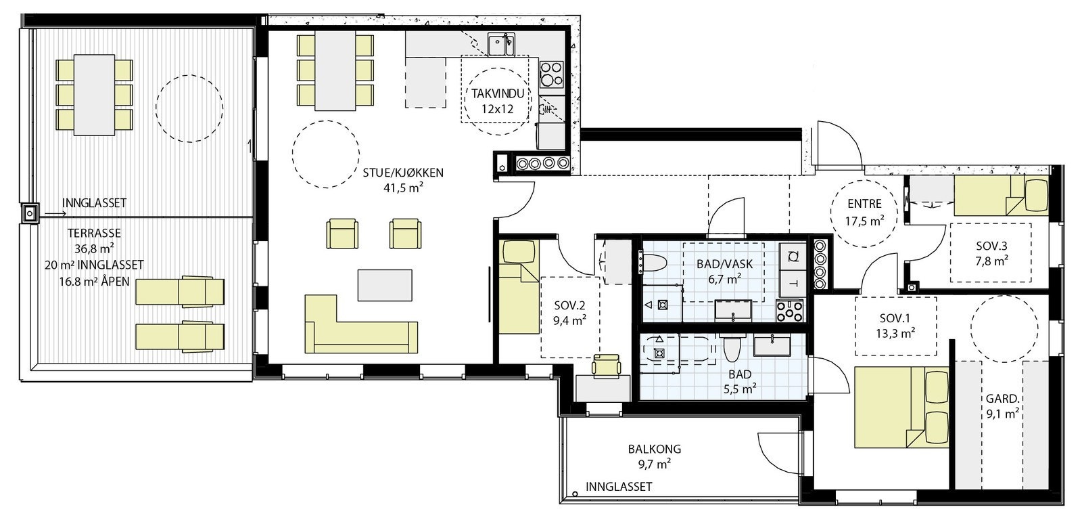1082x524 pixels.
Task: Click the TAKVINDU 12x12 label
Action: pyautogui.click(x=498, y=101)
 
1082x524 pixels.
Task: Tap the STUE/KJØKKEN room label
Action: pyautogui.click(x=403, y=173)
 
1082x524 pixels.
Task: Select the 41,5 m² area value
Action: pyautogui.click(x=403, y=188)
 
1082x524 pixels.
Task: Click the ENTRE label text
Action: pyautogui.click(x=864, y=204)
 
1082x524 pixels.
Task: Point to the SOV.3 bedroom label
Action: pyautogui.click(x=991, y=246)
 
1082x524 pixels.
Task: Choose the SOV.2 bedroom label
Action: pyautogui.click(x=569, y=305)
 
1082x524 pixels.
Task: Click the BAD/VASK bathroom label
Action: pyautogui.click(x=724, y=265)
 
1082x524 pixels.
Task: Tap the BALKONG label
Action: pyautogui.click(x=655, y=449)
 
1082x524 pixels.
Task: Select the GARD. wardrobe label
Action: pyautogui.click(x=1003, y=399)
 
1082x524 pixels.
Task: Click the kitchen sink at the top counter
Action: pyautogui.click(x=501, y=45)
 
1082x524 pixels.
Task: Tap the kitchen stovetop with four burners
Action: pyautogui.click(x=552, y=74)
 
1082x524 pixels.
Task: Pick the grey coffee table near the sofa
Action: pyautogui.click(x=385, y=286)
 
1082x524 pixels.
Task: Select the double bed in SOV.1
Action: pyautogui.click(x=902, y=407)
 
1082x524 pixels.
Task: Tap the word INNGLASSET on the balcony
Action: pyautogui.click(x=619, y=487)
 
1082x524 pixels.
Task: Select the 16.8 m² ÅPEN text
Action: pyautogui.click(x=94, y=282)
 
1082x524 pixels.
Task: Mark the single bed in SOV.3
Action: pyautogui.click(x=1002, y=196)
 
